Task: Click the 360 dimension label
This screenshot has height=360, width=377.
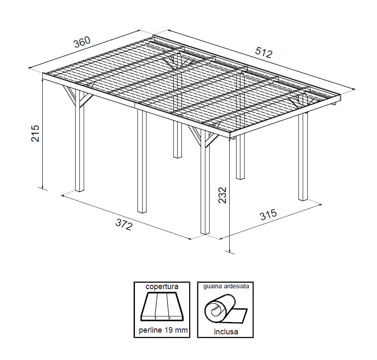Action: click(x=82, y=42)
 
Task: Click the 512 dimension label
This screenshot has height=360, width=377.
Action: click(x=263, y=52)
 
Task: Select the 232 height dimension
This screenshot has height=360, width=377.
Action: click(x=222, y=195)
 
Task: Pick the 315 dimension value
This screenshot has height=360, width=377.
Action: click(x=269, y=214)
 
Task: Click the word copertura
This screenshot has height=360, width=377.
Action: click(x=162, y=287)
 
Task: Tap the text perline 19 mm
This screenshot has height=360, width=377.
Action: click(x=162, y=330)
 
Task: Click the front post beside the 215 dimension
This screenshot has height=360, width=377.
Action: click(x=79, y=141)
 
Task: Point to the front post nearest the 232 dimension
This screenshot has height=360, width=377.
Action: click(x=205, y=184)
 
